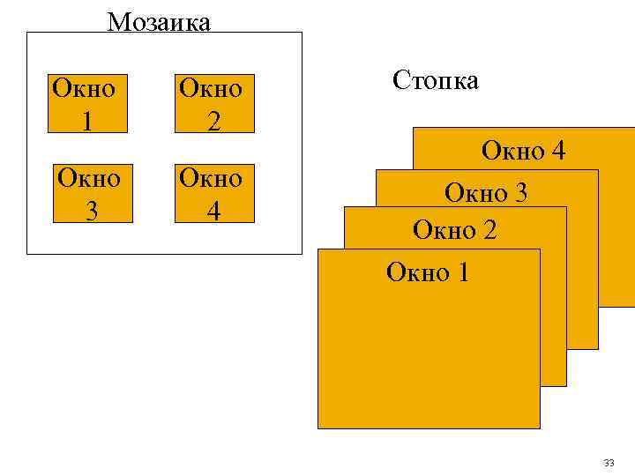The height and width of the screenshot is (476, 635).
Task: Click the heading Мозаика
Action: click(159, 21)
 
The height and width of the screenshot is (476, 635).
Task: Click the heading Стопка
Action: click(436, 81)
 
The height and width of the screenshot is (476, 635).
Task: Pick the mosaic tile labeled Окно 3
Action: click(87, 192)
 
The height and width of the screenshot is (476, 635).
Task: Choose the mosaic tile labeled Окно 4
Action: click(212, 192)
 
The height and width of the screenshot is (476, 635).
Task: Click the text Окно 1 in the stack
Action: click(428, 272)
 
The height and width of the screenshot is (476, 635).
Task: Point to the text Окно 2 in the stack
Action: click(455, 230)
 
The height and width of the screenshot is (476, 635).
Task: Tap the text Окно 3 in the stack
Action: click(486, 192)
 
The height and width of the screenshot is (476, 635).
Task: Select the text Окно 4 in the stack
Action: click(523, 152)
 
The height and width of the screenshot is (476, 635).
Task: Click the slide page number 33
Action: click(609, 463)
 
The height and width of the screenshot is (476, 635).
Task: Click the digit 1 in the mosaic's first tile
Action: click(86, 121)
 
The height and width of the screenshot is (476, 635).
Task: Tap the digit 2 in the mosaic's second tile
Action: click(213, 121)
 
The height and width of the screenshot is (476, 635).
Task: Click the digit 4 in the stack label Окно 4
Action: click(557, 152)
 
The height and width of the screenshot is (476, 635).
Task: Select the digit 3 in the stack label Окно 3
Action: click(520, 192)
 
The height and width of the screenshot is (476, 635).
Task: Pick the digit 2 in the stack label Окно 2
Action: click(489, 230)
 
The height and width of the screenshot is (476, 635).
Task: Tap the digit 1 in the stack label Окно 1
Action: click(462, 272)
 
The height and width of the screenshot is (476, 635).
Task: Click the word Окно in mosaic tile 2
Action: click(212, 89)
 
